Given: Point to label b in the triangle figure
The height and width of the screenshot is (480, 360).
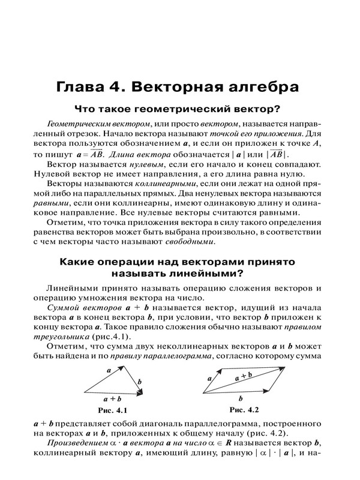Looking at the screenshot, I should coord(140,381).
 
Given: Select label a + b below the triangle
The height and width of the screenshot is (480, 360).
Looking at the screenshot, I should coord(113,398).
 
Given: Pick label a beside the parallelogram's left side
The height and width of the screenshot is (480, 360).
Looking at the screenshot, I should coord(209,379).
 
